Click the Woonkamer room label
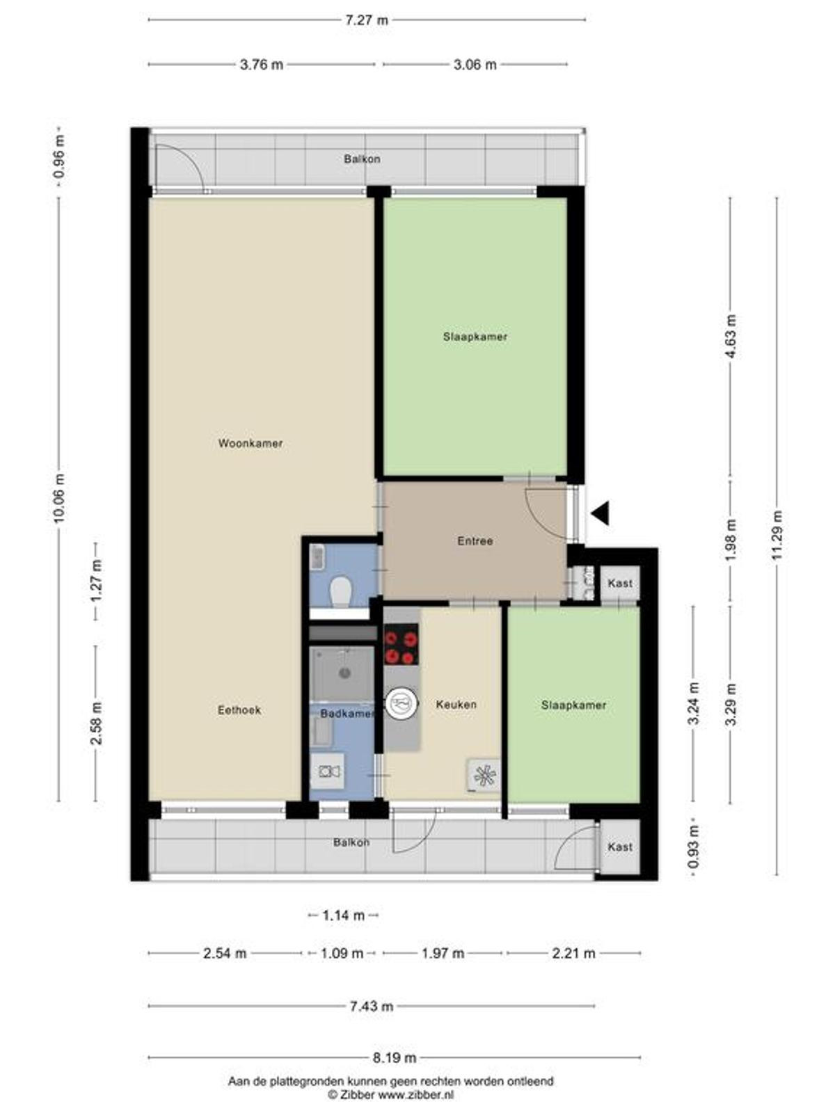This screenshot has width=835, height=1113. point(250,443)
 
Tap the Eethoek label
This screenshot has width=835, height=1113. point(239,710)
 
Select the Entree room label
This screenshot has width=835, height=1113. point(475,541)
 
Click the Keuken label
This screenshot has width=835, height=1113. point(456,704)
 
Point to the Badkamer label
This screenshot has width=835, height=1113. point(347,714)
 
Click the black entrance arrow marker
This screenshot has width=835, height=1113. point(600,513)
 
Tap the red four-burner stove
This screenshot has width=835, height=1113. point(401,644)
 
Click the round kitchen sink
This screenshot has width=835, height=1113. point(401,703)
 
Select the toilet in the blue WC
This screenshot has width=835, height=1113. point(341,592)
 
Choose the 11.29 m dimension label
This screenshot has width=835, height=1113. point(778,535)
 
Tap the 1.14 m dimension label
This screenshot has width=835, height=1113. point(343,915)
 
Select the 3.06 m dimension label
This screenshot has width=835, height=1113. point(475,65)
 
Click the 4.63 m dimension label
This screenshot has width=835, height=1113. point(731,337)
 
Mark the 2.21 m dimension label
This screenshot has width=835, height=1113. point(573,953)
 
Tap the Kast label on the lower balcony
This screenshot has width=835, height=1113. point(620,847)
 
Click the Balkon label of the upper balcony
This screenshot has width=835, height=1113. point(362,159)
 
